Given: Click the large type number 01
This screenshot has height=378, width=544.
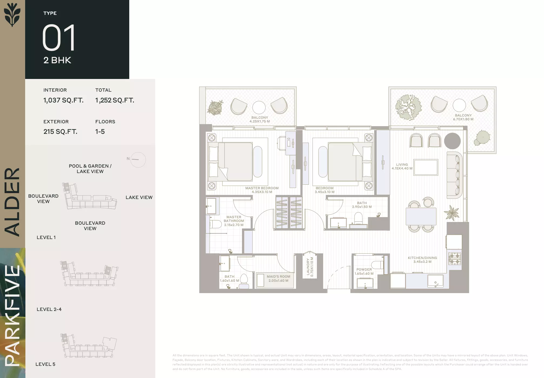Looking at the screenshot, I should (x=59, y=38).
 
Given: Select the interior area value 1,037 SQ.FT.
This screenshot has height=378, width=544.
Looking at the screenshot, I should (x=63, y=100).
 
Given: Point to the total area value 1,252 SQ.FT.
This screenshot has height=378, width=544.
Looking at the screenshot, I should (x=115, y=100).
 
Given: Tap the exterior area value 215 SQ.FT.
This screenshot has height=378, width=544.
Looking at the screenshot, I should (x=60, y=132).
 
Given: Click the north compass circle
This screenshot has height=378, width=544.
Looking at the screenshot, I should (x=138, y=160).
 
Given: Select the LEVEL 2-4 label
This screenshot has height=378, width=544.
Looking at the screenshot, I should (x=49, y=309).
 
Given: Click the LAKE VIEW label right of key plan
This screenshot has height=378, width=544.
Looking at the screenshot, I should (x=139, y=197).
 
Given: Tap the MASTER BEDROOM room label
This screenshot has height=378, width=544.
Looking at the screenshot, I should (x=262, y=188).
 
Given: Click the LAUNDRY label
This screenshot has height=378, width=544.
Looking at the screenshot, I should (x=308, y=267).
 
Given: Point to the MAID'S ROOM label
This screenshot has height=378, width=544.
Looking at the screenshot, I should (x=278, y=277).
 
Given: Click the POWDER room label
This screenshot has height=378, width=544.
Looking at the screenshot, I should (x=364, y=270).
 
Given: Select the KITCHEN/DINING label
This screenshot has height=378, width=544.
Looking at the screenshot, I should (x=422, y=258).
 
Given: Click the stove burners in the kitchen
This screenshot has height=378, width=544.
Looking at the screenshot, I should (x=455, y=258).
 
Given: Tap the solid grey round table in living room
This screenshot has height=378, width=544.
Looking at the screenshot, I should (x=452, y=141).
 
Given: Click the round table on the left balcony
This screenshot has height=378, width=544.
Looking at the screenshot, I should (x=259, y=107).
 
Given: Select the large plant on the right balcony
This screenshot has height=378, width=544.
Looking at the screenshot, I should (x=408, y=107).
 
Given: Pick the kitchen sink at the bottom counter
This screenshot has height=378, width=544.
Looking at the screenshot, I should (x=435, y=281).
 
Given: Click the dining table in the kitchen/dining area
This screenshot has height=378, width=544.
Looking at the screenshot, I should (x=421, y=216).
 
